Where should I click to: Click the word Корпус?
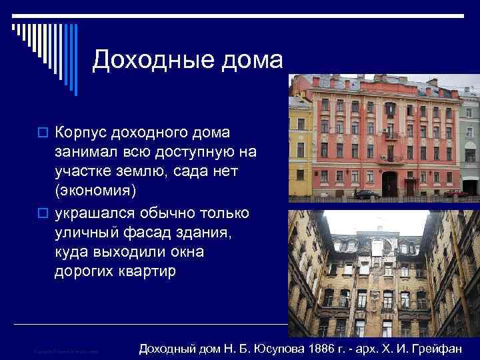[x=81, y=127]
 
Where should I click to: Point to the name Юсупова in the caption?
[x=252, y=348]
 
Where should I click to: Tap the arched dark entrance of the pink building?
[x=389, y=183]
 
